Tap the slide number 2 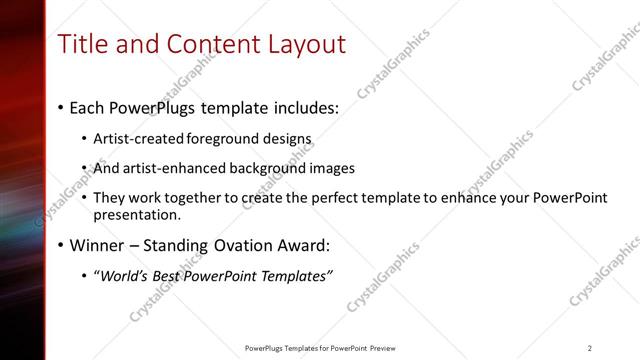(589, 348)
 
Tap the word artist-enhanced (166, 168)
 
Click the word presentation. (136, 214)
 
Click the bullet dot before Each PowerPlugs (62, 107)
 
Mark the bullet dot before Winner (62, 245)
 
